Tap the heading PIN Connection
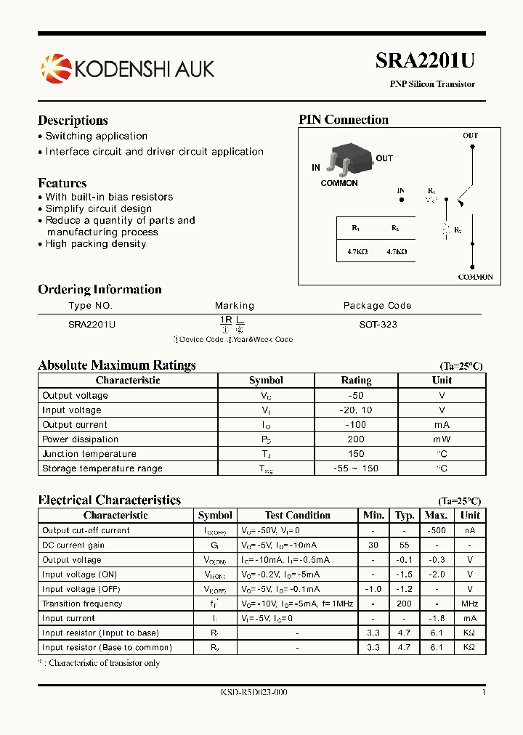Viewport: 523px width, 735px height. click(x=344, y=121)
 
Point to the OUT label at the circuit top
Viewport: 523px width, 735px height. click(x=471, y=136)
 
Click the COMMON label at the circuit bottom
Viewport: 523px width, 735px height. click(x=475, y=277)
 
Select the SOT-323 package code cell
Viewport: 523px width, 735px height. click(x=378, y=325)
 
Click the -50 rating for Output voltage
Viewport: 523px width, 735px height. click(x=356, y=396)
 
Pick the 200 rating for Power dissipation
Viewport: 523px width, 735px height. click(x=356, y=439)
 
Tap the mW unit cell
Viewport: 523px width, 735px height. click(x=442, y=439)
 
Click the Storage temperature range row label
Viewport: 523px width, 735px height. click(x=102, y=468)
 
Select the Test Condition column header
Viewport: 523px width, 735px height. click(x=298, y=515)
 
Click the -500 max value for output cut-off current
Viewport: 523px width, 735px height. click(x=435, y=530)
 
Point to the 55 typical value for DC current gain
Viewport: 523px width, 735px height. click(x=405, y=545)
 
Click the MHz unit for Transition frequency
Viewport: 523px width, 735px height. click(x=470, y=604)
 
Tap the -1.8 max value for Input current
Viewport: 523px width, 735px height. click(x=435, y=618)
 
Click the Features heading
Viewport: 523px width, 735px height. click(x=62, y=183)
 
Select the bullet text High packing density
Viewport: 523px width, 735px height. click(x=96, y=244)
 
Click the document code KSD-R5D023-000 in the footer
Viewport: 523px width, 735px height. click(x=254, y=692)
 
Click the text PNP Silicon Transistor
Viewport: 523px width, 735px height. click(x=432, y=84)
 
